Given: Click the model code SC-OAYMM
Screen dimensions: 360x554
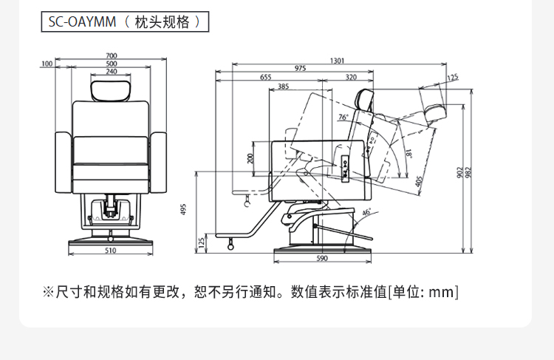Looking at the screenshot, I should tap(82, 21).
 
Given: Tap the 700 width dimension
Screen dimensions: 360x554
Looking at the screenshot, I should tap(111, 56).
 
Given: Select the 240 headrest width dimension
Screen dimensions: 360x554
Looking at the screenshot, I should tap(111, 71).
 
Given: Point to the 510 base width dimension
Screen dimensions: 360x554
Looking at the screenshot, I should tap(111, 251).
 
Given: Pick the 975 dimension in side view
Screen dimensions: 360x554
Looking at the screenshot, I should tap(300, 69).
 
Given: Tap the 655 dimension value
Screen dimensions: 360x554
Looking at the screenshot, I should tap(265, 77).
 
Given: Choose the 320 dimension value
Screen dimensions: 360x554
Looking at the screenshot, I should tap(350, 77).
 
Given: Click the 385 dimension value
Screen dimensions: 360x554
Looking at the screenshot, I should tap(283, 86).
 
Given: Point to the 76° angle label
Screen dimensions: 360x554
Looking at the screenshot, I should tap(343, 117).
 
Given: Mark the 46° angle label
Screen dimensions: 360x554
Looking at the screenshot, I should tap(366, 212).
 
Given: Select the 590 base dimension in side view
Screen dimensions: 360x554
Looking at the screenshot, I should tap(321, 258).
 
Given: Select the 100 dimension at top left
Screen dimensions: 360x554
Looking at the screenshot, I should tap(47, 64).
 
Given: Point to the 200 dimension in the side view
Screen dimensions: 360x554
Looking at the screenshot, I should tap(250, 158).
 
